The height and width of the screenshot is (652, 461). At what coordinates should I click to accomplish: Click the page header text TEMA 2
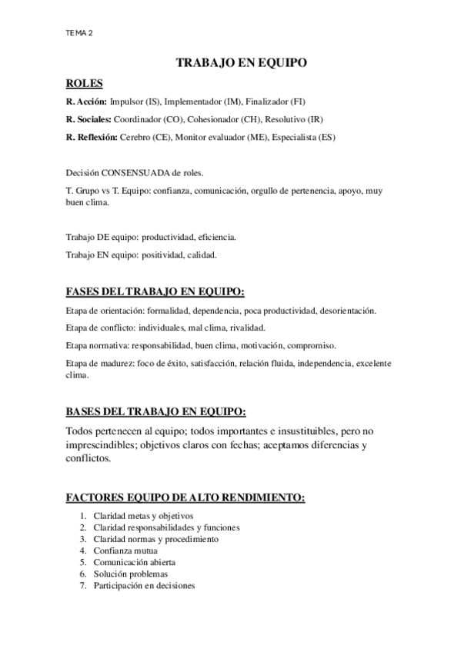[x=81, y=33]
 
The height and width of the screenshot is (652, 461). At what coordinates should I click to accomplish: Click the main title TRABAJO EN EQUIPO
[x=242, y=65]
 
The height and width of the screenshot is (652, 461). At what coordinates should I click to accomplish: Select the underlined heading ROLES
[x=85, y=83]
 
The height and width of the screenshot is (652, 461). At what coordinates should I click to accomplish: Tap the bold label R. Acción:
[x=87, y=101]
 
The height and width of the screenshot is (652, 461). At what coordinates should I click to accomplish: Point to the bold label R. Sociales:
[x=89, y=119]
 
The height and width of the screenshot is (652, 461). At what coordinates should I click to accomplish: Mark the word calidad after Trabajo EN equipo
[x=202, y=254]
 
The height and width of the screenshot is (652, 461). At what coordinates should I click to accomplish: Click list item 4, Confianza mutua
[x=125, y=551]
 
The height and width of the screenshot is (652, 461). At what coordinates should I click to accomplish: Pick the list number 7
[x=83, y=585]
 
